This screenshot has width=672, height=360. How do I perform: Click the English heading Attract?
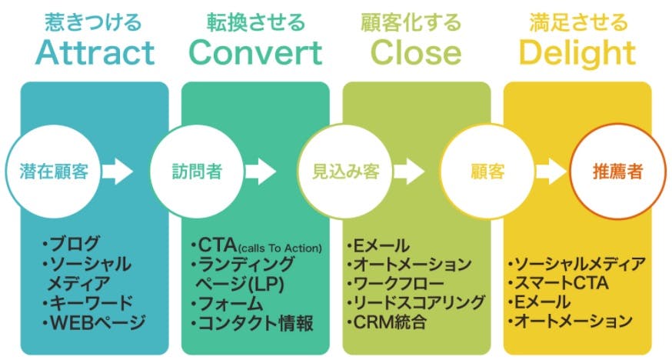tap(95, 53)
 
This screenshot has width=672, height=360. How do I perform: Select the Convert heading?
tap(255, 53)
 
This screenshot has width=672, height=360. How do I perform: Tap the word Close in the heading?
tap(416, 53)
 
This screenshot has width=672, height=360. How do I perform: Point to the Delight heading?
tap(577, 55)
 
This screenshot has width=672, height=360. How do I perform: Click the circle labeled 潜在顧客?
tap(54, 172)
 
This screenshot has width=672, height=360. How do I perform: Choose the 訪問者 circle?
tap(197, 172)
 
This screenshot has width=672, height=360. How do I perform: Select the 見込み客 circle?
tap(345, 172)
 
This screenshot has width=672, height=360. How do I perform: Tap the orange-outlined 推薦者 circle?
tap(617, 172)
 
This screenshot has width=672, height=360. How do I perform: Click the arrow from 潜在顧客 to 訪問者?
tap(118, 172)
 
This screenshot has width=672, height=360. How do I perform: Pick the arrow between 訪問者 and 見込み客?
tap(261, 172)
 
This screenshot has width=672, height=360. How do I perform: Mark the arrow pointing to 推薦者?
tap(551, 172)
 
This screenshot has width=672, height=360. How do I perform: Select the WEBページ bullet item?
tap(95, 322)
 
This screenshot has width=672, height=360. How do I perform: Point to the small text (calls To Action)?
tap(280, 248)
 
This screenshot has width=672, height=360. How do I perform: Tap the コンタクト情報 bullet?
tap(252, 323)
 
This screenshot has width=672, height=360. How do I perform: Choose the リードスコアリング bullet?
tap(416, 302)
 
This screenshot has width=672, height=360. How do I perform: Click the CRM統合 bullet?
tap(387, 322)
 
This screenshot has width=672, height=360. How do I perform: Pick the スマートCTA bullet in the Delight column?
tap(558, 283)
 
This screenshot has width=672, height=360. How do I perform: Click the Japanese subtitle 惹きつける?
tap(93, 22)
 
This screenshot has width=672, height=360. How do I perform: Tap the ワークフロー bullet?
tap(395, 283)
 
